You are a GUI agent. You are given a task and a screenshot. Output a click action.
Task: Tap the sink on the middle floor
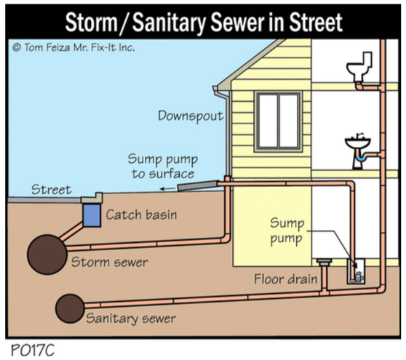point(358,144)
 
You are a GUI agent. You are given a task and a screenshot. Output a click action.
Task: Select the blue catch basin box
point(92,215)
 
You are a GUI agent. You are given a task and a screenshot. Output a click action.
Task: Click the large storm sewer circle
point(47,255)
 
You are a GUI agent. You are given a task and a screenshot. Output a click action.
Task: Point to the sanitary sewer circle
point(70,308)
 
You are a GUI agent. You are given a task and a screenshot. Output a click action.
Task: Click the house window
point(278,121)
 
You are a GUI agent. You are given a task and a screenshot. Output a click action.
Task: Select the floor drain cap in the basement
point(325,261)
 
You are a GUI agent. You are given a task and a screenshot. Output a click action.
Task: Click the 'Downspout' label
point(191,116)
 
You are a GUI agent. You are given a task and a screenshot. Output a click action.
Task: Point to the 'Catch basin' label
point(141,215)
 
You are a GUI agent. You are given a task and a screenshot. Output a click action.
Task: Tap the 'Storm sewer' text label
point(110,262)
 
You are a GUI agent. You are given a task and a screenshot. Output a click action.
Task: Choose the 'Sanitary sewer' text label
point(131,319)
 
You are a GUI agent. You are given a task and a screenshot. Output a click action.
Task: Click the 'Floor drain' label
point(286,279)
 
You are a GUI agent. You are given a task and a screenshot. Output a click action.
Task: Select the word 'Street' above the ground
point(51,190)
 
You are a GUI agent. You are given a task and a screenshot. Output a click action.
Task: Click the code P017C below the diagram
point(33,350)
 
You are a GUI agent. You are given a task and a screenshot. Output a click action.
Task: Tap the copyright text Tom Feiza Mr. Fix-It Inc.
point(73,47)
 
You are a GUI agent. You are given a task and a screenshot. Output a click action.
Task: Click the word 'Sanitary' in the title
point(169,23)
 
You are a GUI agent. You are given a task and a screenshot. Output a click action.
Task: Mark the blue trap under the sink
point(360,157)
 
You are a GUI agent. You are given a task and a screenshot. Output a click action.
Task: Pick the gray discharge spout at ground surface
point(197,185)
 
